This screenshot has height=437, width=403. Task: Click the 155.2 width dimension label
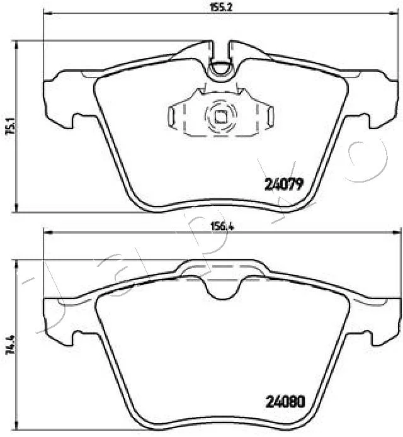(x=221, y=8)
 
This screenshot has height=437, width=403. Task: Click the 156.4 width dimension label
(x=222, y=226)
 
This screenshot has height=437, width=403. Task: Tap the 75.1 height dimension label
(x=12, y=126)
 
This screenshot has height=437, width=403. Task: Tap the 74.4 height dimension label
(x=12, y=344)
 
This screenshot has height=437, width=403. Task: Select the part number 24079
(x=284, y=184)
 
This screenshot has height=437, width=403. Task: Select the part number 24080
(x=286, y=402)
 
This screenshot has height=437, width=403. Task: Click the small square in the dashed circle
(x=220, y=116)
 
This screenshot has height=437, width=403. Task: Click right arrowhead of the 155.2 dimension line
(x=394, y=13)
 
